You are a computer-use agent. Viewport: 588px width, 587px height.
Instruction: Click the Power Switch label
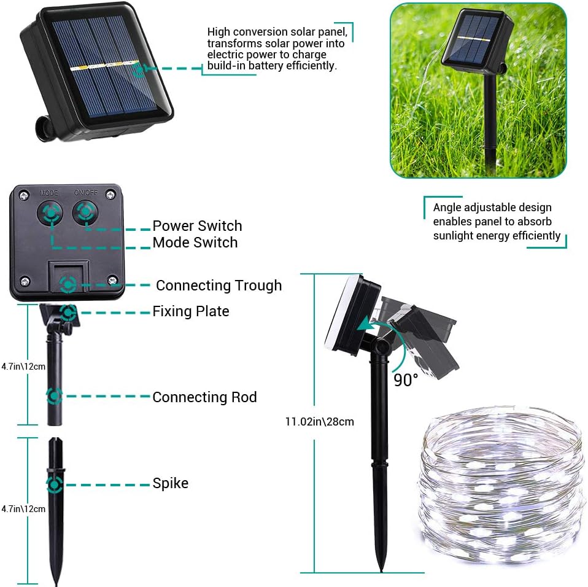[197, 226]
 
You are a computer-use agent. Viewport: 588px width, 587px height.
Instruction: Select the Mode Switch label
[195, 243]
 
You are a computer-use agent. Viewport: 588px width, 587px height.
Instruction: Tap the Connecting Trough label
[219, 286]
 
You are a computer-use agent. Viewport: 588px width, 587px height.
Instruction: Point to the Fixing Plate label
[190, 311]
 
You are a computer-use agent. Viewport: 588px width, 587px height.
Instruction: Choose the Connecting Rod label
[204, 397]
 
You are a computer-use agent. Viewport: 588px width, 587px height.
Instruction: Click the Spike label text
[170, 483]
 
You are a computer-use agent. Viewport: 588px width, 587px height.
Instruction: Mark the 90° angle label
[406, 380]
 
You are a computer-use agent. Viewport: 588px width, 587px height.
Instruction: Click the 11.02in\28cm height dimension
[320, 422]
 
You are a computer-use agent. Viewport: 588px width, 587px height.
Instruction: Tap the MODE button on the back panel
[50, 212]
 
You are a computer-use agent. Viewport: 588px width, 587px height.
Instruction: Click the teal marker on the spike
[55, 484]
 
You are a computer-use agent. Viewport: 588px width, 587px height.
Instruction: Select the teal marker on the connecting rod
[55, 396]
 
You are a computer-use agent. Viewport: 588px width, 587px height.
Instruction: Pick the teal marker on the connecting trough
[68, 285]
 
